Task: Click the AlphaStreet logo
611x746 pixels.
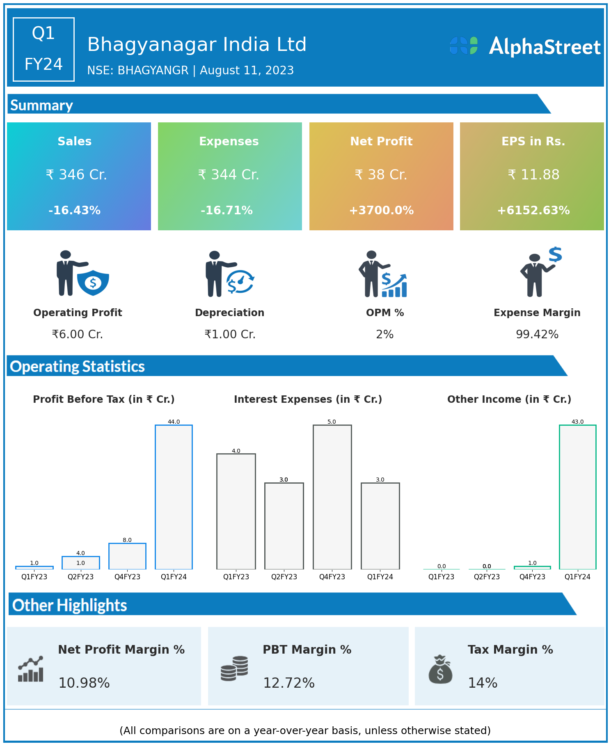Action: click(525, 46)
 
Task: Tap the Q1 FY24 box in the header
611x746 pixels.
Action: click(43, 49)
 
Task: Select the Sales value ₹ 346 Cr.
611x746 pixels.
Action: click(76, 175)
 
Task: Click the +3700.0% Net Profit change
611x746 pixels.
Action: click(381, 210)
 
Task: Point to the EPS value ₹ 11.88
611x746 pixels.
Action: click(533, 175)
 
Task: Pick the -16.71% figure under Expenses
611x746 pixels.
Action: click(227, 210)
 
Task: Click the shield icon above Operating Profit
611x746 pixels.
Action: click(93, 282)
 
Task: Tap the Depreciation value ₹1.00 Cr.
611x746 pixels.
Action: click(230, 335)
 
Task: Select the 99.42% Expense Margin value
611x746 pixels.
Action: click(537, 335)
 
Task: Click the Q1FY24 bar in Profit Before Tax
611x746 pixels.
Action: click(174, 497)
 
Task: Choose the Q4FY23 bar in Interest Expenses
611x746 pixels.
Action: click(332, 497)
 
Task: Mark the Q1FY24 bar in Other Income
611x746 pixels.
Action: click(577, 497)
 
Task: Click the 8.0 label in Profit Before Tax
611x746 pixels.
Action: click(127, 540)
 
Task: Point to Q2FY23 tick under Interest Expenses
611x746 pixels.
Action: click(284, 577)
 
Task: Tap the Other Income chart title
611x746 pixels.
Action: click(509, 399)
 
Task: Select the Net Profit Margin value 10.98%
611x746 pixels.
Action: click(84, 683)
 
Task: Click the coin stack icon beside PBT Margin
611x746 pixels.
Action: click(234, 668)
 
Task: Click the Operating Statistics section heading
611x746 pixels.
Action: click(78, 366)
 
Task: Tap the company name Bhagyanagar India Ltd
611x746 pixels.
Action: click(197, 44)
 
